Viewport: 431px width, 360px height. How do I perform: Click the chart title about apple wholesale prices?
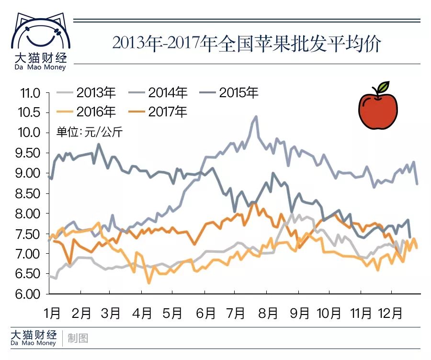pyautogui.click(x=247, y=44)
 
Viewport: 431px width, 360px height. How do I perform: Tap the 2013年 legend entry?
pyautogui.click(x=87, y=92)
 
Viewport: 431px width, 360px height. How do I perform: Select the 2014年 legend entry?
pyautogui.click(x=159, y=92)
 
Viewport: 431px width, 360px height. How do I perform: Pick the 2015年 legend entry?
pyautogui.click(x=229, y=92)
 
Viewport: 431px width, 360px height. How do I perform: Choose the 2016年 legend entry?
pyautogui.click(x=87, y=112)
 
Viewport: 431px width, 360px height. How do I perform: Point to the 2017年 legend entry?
pyautogui.click(x=159, y=112)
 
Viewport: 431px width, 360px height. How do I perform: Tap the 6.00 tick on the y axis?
pyautogui.click(x=29, y=294)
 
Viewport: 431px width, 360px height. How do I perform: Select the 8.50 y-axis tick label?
pyautogui.click(x=29, y=193)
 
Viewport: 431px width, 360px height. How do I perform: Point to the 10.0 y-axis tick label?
pyautogui.click(x=30, y=133)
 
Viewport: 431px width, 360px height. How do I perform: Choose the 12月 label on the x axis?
pyautogui.click(x=390, y=313)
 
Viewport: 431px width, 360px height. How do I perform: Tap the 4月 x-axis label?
pyautogui.click(x=142, y=313)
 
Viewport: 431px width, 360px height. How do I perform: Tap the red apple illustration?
pyautogui.click(x=378, y=110)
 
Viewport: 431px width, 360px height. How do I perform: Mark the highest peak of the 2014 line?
pyautogui.click(x=256, y=116)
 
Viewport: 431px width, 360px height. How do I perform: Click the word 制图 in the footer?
pyautogui.click(x=78, y=338)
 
